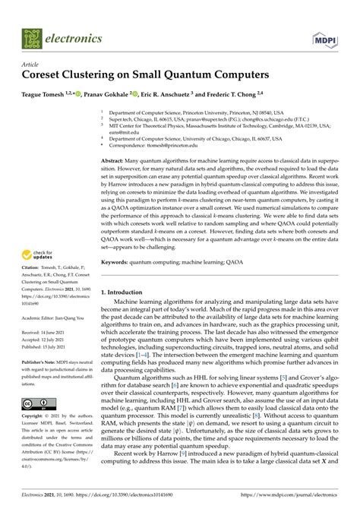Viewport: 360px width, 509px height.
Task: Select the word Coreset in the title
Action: (49, 76)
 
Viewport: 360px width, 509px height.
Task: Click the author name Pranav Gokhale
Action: (125, 93)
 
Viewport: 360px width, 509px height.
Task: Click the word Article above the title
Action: (31, 65)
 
